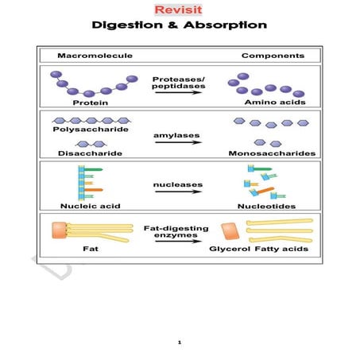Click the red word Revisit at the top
(179, 10)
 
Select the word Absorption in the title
(227, 25)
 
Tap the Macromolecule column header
(95, 56)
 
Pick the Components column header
(272, 56)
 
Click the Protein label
(90, 103)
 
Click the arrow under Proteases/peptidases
(179, 93)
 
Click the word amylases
(178, 135)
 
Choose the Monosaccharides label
(271, 153)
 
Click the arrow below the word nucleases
(179, 194)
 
